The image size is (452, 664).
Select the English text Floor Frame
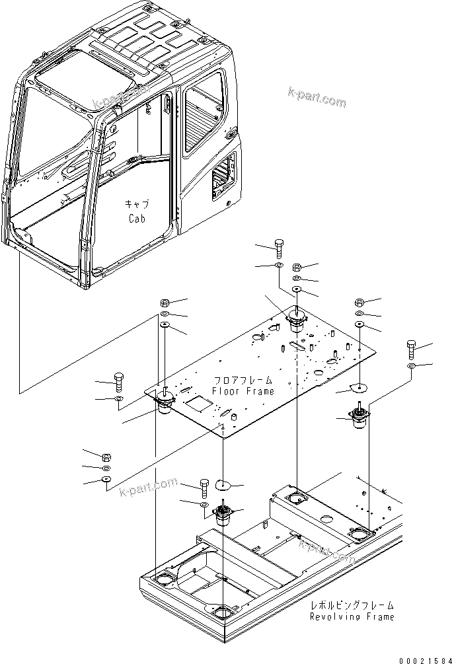click(243, 391)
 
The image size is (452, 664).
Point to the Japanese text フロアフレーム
click(243, 381)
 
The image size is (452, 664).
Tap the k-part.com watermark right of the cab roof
click(317, 98)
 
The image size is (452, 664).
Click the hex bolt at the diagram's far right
click(412, 348)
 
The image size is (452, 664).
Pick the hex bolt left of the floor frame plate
click(119, 381)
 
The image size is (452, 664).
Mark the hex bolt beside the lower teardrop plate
click(204, 488)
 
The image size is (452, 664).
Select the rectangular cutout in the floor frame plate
click(196, 402)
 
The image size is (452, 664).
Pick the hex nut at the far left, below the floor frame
click(106, 457)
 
